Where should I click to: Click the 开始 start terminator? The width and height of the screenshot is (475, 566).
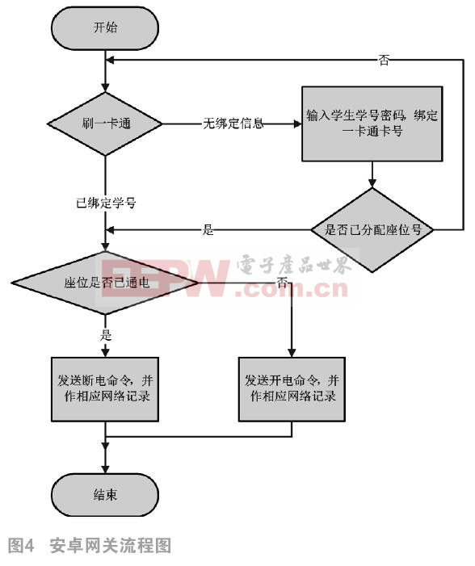(x=105, y=27)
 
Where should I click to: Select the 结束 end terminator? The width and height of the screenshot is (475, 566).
(x=105, y=494)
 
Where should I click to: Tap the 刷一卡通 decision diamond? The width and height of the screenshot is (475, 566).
(x=105, y=124)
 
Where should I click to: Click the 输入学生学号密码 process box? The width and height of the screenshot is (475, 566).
(x=372, y=124)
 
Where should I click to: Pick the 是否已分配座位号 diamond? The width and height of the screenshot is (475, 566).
(x=372, y=229)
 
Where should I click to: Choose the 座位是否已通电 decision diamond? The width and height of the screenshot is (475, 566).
(x=105, y=283)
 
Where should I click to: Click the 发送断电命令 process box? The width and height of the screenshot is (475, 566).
(x=105, y=389)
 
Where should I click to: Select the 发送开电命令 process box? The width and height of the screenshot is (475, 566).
(x=292, y=389)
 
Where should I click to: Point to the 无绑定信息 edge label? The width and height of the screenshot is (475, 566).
(x=233, y=124)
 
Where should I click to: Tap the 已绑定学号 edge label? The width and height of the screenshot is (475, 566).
(x=106, y=203)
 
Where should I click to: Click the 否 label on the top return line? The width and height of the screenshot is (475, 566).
(x=384, y=60)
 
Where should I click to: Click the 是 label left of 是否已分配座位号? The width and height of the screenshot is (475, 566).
(x=208, y=229)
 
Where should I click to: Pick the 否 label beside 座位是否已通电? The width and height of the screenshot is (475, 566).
(x=282, y=283)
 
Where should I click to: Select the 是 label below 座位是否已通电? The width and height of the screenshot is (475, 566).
(x=106, y=335)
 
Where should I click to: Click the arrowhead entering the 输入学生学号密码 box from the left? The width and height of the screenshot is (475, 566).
(x=297, y=124)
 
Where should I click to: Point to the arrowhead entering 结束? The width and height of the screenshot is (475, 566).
(x=105, y=469)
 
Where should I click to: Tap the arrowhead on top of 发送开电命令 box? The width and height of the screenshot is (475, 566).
(x=292, y=353)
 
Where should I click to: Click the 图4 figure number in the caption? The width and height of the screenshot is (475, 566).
(x=21, y=545)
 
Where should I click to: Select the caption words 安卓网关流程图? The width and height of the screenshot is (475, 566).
(x=111, y=545)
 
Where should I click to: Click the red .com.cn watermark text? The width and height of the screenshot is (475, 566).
(x=292, y=289)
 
